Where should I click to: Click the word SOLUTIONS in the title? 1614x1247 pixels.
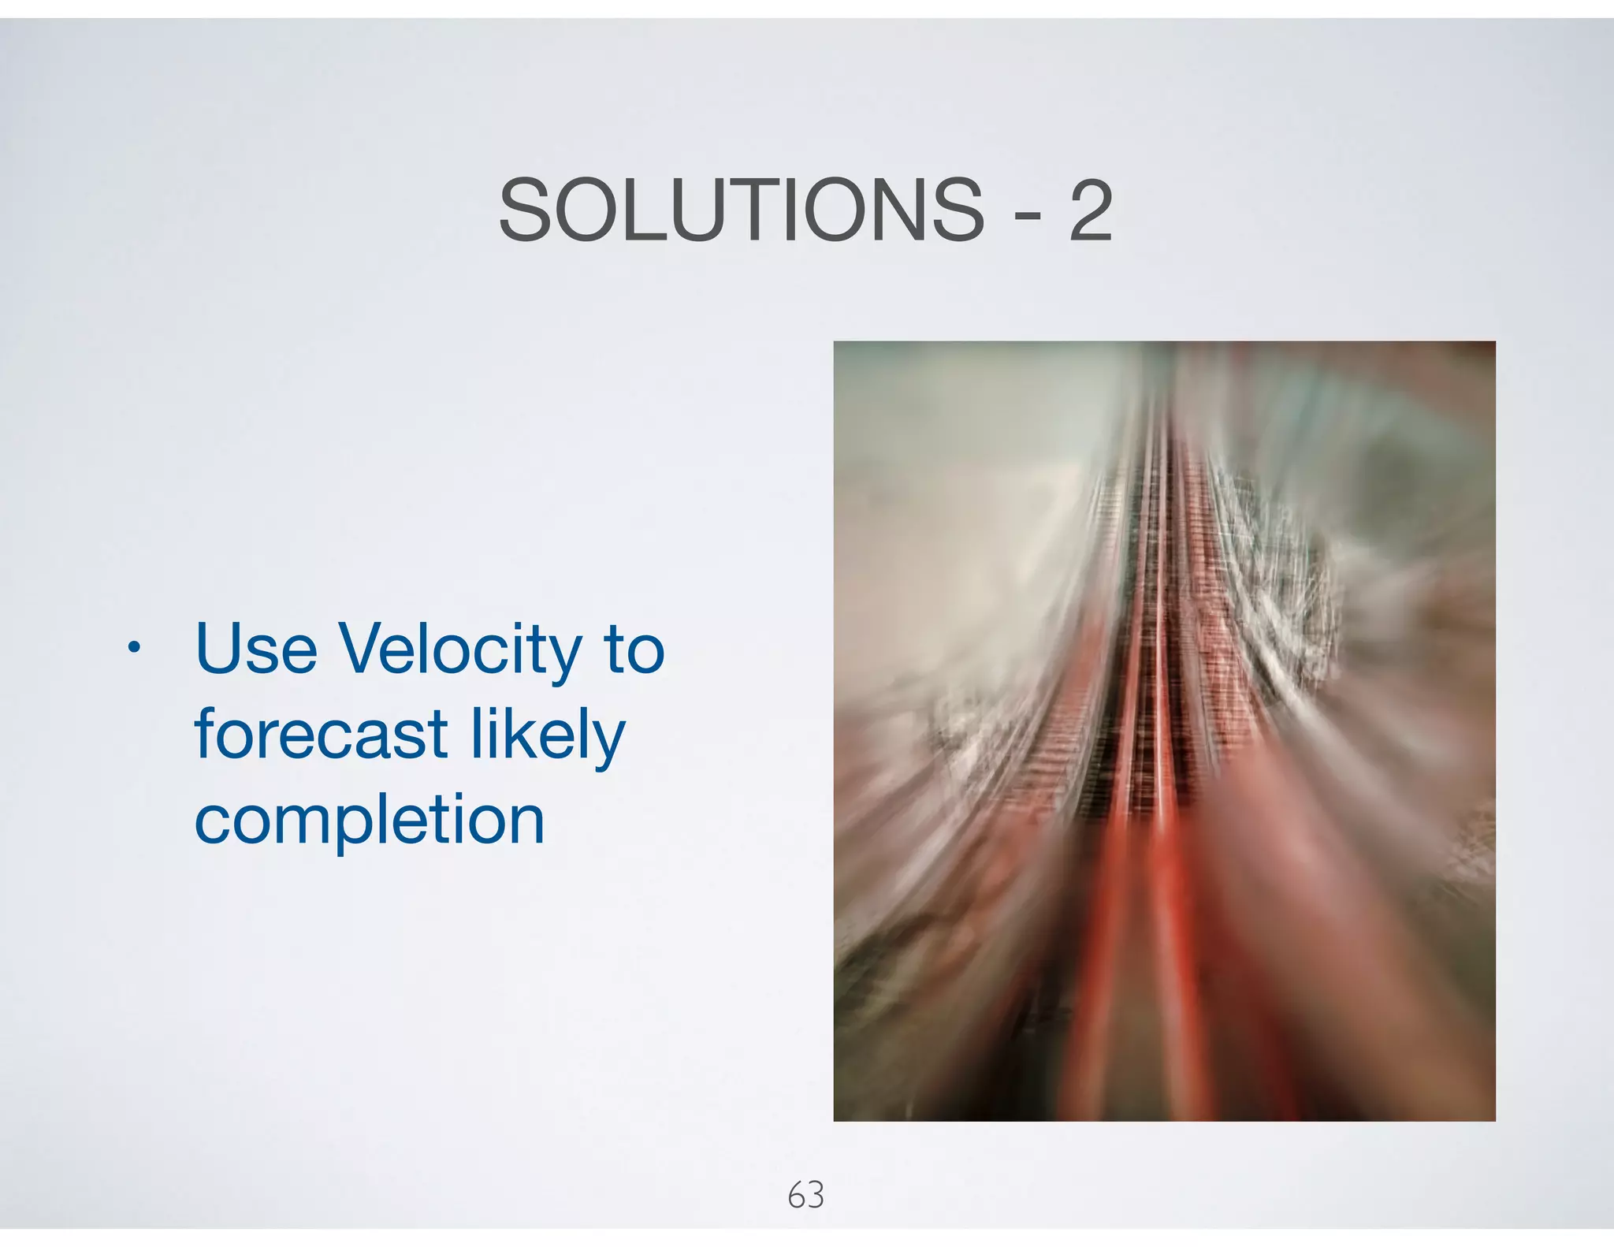coord(741,210)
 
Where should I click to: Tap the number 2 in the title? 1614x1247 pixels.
coord(1091,210)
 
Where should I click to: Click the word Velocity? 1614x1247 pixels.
coord(460,651)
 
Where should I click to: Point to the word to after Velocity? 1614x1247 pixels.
coord(634,651)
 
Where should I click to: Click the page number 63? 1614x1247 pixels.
coord(806,1195)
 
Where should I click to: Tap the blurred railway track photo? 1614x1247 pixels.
coord(1164,731)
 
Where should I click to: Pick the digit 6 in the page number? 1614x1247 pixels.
coord(797,1195)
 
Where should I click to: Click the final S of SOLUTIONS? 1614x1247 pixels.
coord(954,210)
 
